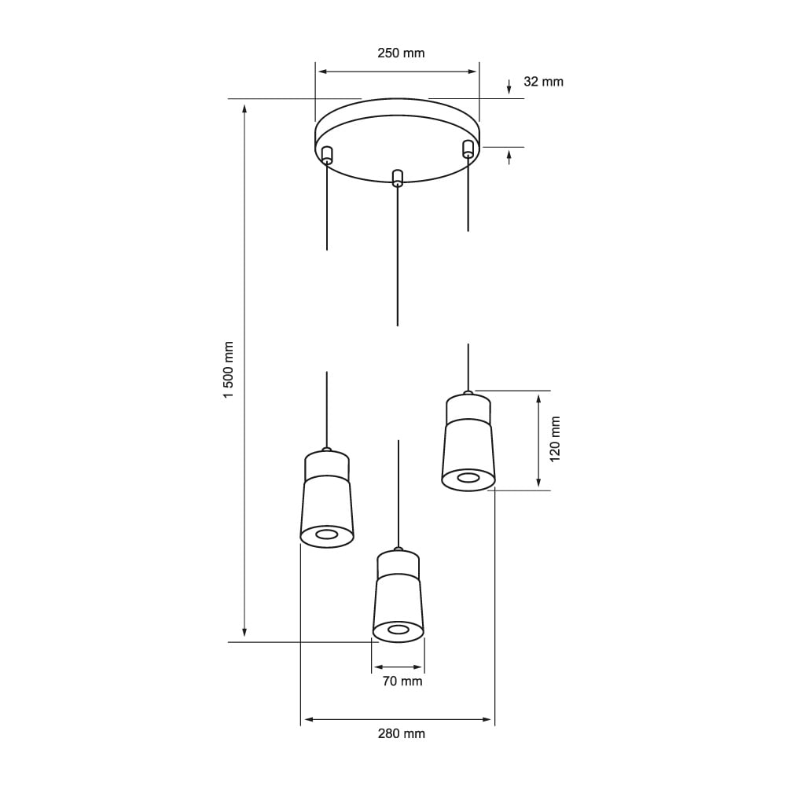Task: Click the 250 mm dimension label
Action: click(x=401, y=53)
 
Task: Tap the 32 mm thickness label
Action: click(x=543, y=82)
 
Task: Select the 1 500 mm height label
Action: click(x=229, y=369)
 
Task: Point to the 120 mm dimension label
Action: click(x=555, y=439)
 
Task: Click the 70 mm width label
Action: click(x=402, y=681)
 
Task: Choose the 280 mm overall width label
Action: click(x=401, y=734)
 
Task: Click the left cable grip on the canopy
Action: click(x=327, y=155)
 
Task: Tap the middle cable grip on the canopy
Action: click(x=398, y=178)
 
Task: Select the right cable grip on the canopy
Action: click(x=468, y=149)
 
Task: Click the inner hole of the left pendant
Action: click(x=327, y=535)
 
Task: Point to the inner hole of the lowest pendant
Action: click(x=399, y=630)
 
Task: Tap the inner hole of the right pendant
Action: click(x=468, y=478)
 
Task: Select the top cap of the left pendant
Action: click(x=327, y=465)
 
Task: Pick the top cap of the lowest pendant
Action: click(x=398, y=563)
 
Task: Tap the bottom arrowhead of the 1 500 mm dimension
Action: click(x=245, y=632)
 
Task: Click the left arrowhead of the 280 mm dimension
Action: click(x=307, y=719)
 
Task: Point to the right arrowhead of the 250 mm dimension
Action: click(x=472, y=72)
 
